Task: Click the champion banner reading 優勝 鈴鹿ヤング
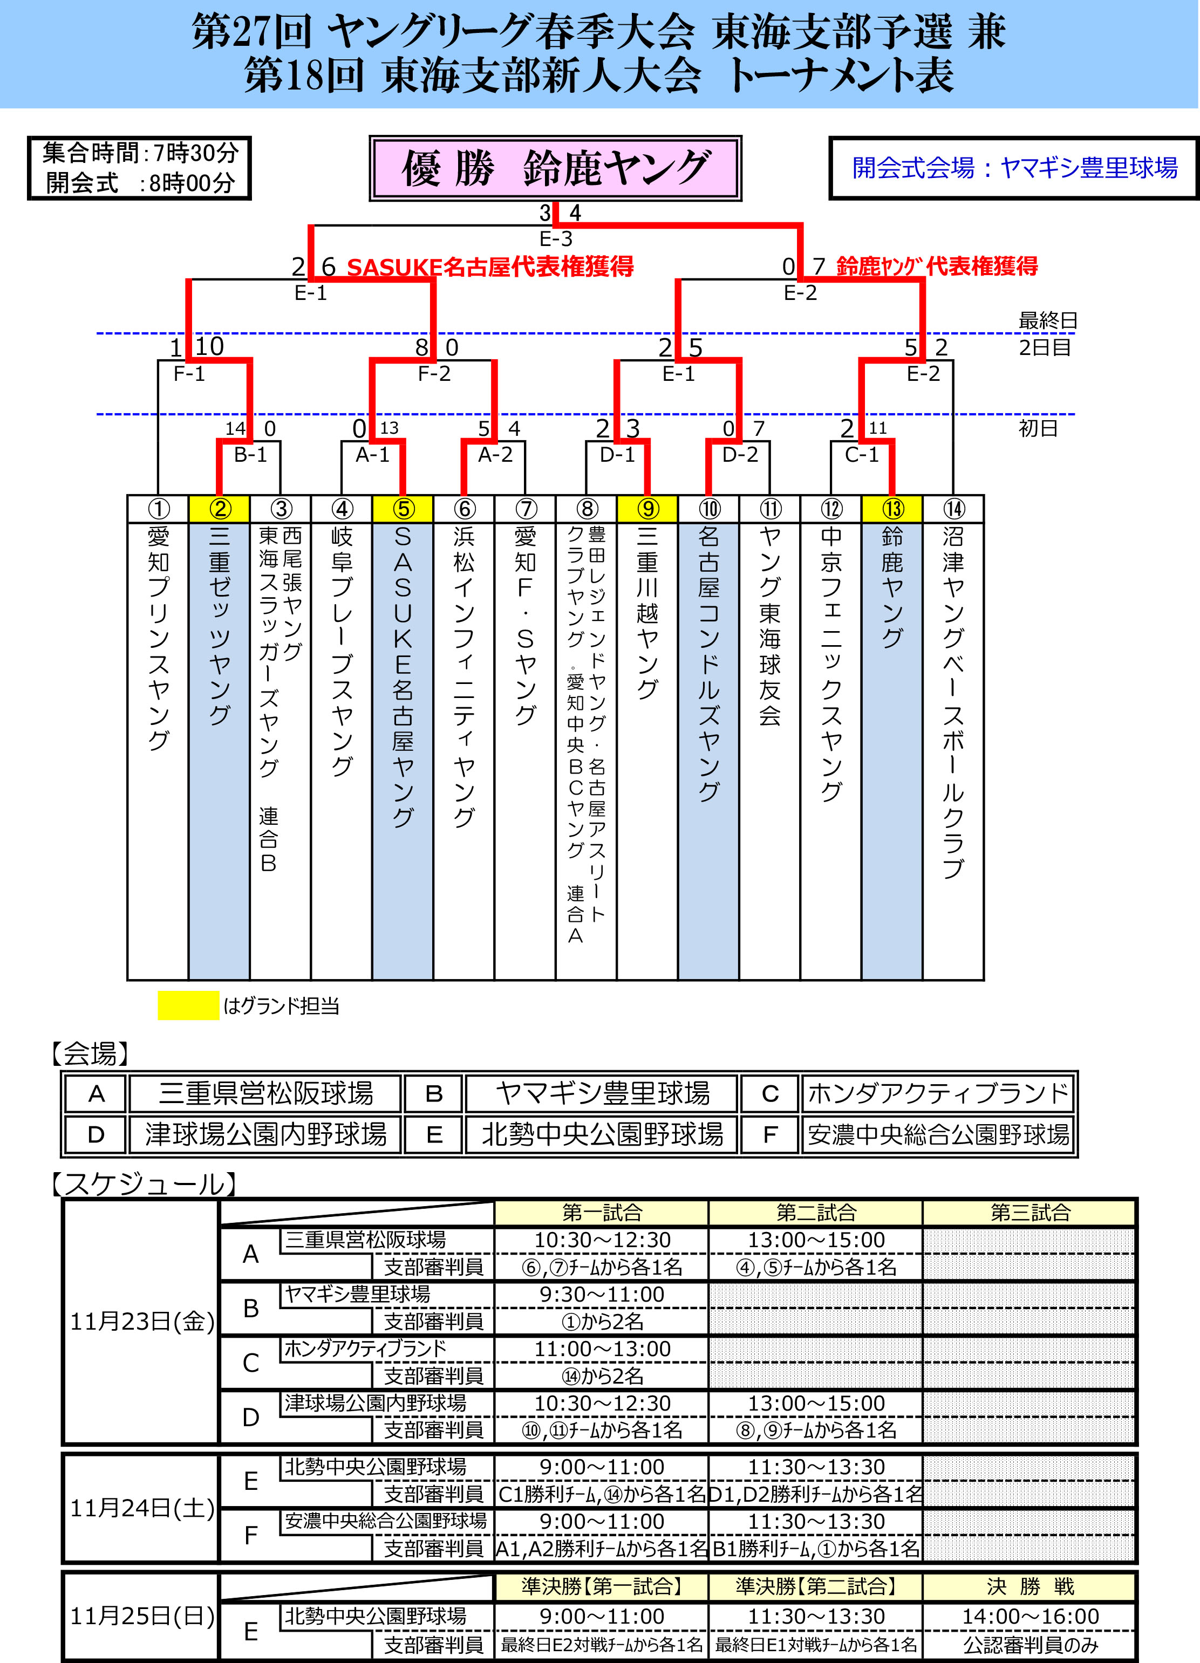555,168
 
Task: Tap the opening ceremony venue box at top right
1014,168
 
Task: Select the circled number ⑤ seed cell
403,508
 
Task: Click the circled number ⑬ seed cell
892,508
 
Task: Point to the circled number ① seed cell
159,508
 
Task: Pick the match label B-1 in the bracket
250,455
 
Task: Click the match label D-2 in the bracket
739,455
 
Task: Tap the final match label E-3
555,238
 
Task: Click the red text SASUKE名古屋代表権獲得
489,266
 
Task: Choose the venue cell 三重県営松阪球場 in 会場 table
265,1093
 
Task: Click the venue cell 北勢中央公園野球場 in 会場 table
602,1134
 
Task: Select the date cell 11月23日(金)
141,1322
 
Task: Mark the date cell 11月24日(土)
141,1508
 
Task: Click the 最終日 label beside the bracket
1047,320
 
